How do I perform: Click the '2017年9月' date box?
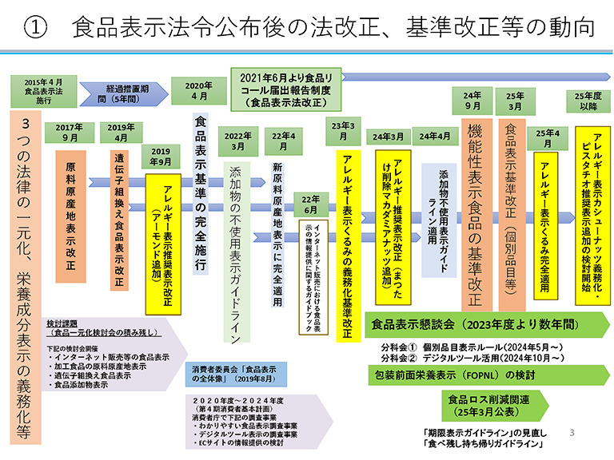[x=71, y=132]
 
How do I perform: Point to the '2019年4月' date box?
[x=122, y=132]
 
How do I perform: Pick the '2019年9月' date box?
[x=161, y=156]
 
